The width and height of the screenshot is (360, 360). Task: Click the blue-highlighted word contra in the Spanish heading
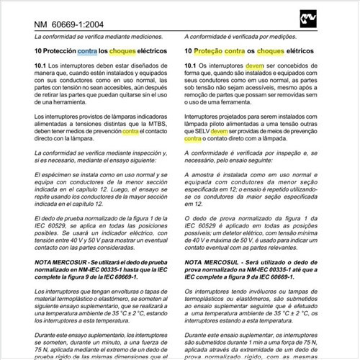[x=87, y=52]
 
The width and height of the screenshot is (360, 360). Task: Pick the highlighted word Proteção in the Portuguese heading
[x=214, y=52]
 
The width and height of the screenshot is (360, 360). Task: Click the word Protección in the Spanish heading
[x=59, y=52]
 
